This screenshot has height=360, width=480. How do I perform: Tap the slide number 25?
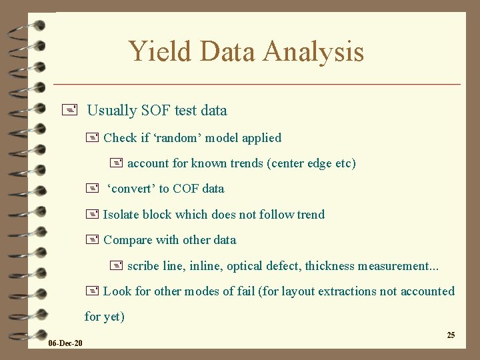tap(451, 335)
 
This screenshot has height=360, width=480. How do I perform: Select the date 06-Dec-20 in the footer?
tap(65, 343)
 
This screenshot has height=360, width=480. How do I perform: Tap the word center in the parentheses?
tap(287, 163)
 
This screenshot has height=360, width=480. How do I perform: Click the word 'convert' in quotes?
tap(131, 189)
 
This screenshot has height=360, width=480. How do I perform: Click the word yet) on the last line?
tap(113, 317)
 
